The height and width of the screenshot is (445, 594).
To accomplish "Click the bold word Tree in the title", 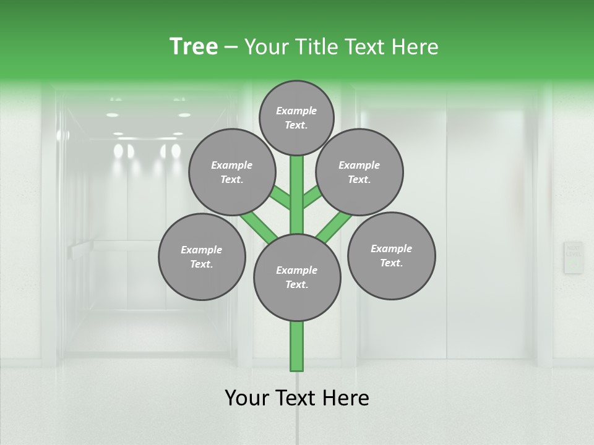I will [x=194, y=46].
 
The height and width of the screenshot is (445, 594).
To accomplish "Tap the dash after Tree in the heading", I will [x=231, y=48].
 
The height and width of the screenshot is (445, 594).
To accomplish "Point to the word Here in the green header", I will [x=415, y=46].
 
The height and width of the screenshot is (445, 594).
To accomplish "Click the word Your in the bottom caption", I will [x=247, y=398].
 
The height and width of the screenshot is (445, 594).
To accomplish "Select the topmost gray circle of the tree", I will [x=296, y=117].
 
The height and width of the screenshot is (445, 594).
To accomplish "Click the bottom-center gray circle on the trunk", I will [x=297, y=278].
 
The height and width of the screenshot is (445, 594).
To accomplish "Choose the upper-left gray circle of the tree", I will [x=231, y=172].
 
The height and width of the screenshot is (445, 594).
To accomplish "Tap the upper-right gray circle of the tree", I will [x=359, y=172].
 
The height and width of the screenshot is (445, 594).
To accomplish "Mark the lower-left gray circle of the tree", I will [x=201, y=256].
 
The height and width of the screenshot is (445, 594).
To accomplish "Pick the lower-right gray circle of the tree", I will [x=391, y=255].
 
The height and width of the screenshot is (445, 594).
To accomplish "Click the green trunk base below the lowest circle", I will [x=297, y=346].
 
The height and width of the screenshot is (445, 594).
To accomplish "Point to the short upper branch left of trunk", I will [x=281, y=198].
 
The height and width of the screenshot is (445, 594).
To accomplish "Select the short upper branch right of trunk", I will [x=312, y=198].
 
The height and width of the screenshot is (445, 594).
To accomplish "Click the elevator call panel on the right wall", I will [x=573, y=257].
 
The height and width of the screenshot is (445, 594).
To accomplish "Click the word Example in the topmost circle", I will [x=296, y=111].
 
